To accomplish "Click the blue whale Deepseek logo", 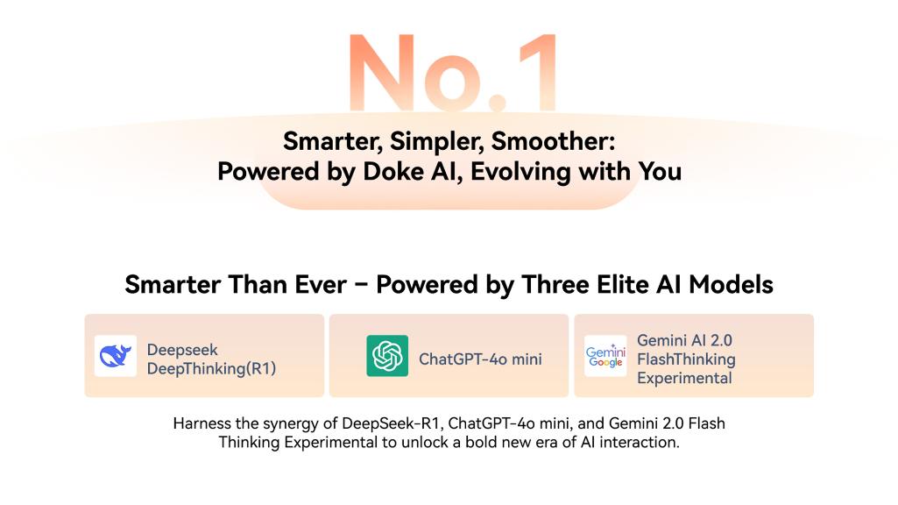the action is (115, 356).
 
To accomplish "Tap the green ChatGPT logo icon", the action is (387, 356).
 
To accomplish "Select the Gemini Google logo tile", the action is (605, 356).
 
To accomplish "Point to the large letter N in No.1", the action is (381, 72).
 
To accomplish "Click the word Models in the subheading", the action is (732, 284).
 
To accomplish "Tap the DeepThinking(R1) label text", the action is (211, 368).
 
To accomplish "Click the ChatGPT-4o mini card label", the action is (480, 359).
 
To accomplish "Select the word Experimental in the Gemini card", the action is (684, 379).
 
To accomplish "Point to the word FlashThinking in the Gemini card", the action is (686, 359).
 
